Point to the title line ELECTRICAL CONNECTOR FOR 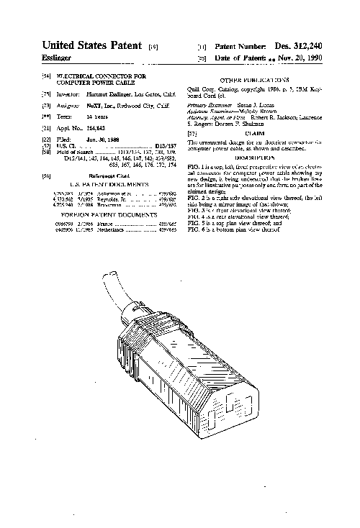(x=101, y=76)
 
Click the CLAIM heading (x=252, y=133)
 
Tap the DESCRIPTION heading (x=252, y=156)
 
